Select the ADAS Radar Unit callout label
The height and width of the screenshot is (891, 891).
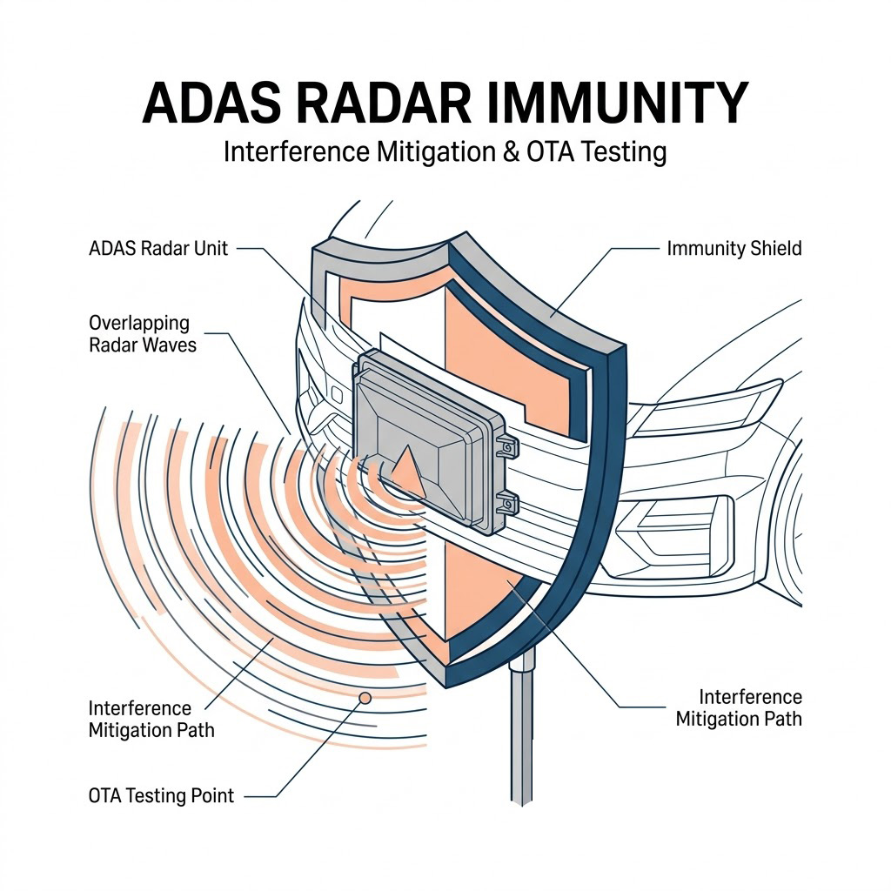(x=158, y=248)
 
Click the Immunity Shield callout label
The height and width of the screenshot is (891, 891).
(x=734, y=248)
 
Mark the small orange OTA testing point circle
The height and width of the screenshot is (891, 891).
(x=365, y=697)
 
